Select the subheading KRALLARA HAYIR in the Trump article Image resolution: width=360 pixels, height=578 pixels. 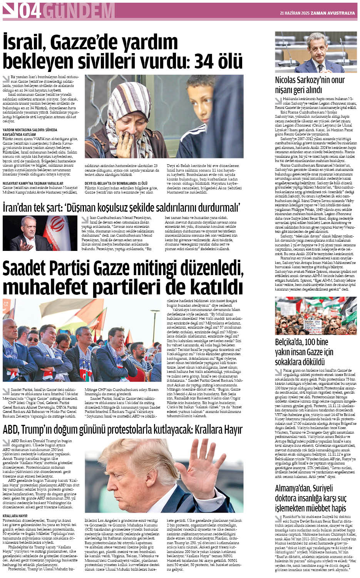(15, 516)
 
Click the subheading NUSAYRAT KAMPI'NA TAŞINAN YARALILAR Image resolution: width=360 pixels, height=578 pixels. (33, 183)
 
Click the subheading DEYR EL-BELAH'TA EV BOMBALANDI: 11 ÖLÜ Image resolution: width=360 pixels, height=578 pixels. (116, 183)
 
